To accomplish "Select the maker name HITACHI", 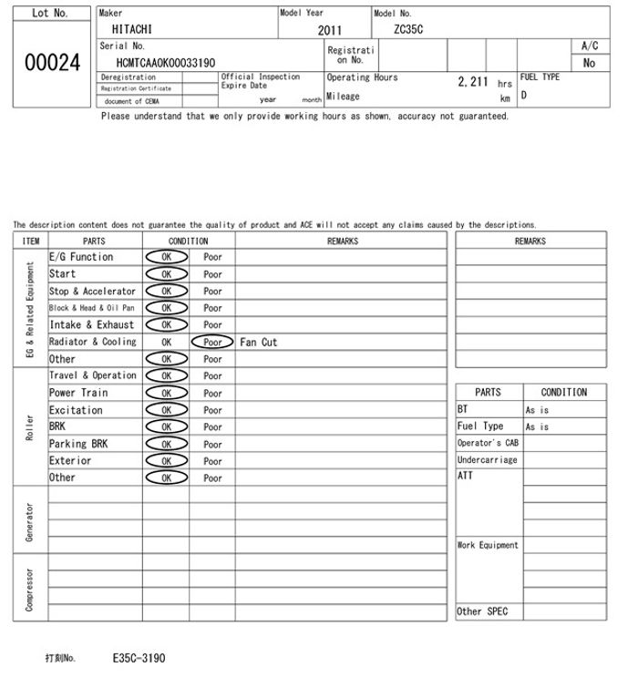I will (x=132, y=29).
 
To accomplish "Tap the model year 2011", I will (x=330, y=30).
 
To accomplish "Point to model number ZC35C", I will (x=408, y=29).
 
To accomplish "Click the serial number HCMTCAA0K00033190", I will (x=166, y=63).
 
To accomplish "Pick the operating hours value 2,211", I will (x=473, y=82).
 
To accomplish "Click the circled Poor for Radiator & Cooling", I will (x=212, y=343).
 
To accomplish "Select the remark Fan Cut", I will (x=258, y=343).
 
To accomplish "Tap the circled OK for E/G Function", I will (x=166, y=257).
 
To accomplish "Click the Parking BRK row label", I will (x=78, y=444).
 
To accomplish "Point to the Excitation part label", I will (x=76, y=410).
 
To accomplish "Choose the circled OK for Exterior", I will (x=166, y=461).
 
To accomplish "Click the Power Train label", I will (x=78, y=393).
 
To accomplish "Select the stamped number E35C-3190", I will (x=139, y=657).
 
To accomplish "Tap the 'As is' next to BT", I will (x=537, y=410).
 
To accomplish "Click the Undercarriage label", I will (x=487, y=460).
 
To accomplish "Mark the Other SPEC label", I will (x=482, y=611).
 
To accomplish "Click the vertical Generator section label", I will (x=30, y=519).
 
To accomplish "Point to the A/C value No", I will (x=589, y=63).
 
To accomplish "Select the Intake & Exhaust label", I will (x=91, y=324).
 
